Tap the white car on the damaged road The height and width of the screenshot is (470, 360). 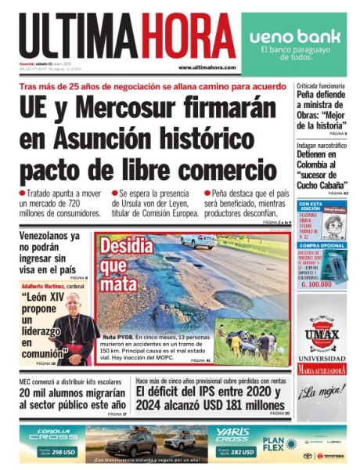coord(199,240)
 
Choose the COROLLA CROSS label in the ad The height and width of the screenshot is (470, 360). coord(50,436)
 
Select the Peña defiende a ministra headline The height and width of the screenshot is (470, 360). coord(320,109)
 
